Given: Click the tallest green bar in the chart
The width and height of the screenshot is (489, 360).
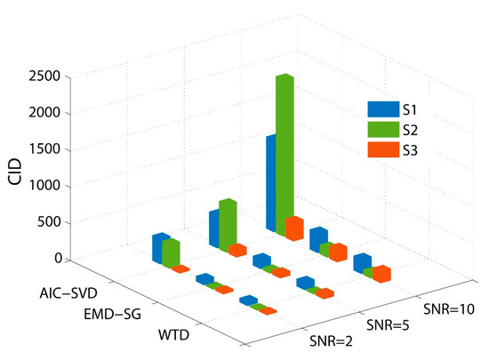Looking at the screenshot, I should point(285,156).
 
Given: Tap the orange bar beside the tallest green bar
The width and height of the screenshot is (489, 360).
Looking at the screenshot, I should point(294,229).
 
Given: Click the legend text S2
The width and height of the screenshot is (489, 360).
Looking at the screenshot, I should point(409,130).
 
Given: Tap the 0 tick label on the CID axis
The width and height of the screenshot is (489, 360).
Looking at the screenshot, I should point(55,259).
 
